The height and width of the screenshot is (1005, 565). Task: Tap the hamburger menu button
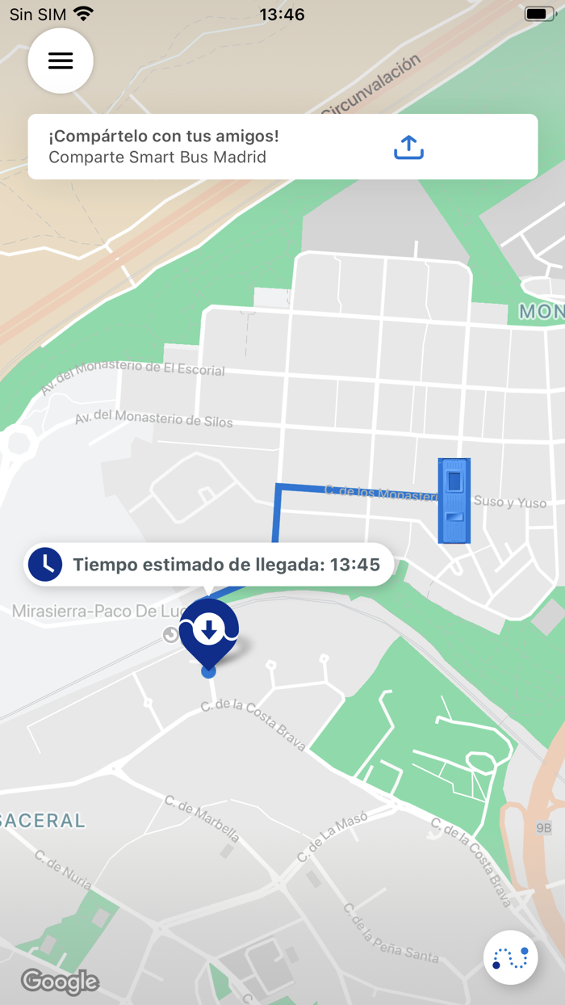(61, 61)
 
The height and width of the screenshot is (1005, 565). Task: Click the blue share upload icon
(408, 147)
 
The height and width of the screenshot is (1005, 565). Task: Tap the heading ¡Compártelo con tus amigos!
(164, 136)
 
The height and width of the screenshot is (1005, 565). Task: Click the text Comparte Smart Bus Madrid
(157, 157)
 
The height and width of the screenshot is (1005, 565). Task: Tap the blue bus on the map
(454, 500)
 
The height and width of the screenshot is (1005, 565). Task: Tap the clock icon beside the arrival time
(45, 564)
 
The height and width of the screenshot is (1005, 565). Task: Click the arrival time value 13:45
(354, 565)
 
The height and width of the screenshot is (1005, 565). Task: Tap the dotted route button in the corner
(510, 958)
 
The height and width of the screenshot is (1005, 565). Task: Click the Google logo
(60, 982)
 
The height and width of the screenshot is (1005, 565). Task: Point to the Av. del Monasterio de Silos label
(153, 418)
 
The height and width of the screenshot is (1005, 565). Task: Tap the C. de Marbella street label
(202, 818)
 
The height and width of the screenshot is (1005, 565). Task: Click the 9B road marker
(544, 827)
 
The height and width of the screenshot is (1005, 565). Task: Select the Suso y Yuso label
(510, 502)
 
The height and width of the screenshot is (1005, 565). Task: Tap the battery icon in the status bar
(538, 14)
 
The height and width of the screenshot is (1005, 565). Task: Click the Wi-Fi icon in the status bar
(82, 14)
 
